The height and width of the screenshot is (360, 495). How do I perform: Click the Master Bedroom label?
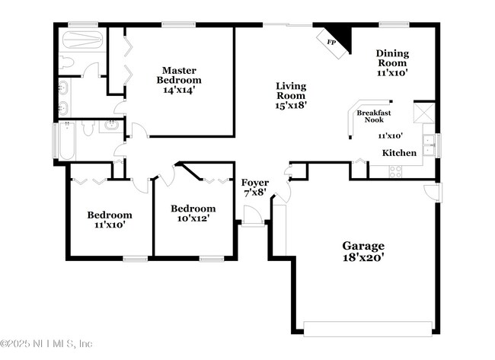(179, 74)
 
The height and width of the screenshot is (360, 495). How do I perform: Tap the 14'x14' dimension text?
(179, 90)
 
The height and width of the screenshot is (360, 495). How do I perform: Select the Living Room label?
(290, 91)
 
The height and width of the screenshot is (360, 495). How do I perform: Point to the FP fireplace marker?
(331, 43)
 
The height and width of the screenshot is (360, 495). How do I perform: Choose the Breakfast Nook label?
(374, 116)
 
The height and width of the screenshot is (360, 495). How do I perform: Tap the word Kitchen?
(399, 153)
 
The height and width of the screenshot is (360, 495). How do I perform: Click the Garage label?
(362, 246)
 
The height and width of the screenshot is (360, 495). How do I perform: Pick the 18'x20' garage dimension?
(362, 258)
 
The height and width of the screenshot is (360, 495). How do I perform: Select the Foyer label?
(254, 183)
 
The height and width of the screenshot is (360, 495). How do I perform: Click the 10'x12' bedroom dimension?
(192, 218)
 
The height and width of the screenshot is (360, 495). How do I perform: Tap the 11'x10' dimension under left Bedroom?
(109, 225)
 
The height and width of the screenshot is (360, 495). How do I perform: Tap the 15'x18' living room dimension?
(290, 107)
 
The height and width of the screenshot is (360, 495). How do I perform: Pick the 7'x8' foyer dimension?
(254, 194)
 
